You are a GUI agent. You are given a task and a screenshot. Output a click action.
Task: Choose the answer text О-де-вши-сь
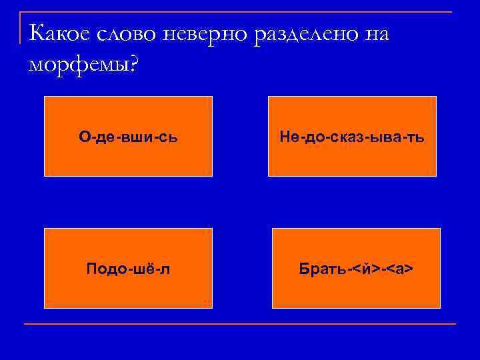(128, 137)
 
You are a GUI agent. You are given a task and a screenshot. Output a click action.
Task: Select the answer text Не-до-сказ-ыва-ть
(352, 137)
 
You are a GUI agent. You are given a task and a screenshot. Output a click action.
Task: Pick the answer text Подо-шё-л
(128, 269)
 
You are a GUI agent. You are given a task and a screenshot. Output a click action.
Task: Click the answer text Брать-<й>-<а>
(356, 269)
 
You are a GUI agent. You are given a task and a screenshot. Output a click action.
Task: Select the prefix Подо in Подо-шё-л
(104, 269)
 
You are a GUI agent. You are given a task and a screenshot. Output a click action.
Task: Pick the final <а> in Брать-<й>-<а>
(401, 269)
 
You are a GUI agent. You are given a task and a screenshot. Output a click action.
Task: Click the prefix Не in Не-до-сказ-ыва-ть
(290, 137)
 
